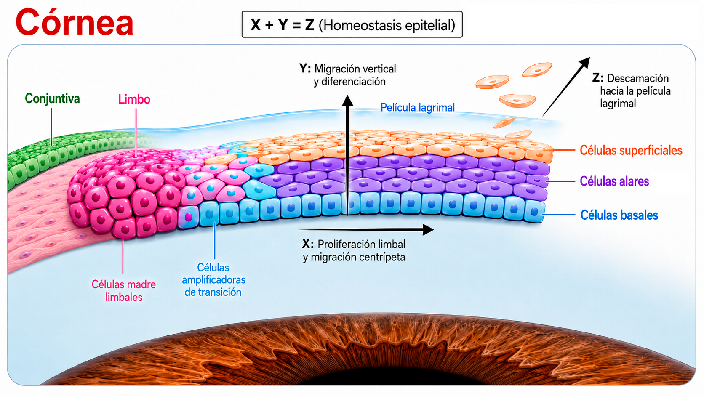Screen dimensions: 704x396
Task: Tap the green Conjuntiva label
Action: pos(52,98)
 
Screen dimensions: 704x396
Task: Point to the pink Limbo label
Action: pos(134,100)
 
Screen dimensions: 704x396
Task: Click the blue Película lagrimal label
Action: pos(417,108)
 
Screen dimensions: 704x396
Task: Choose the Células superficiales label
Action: pos(631,150)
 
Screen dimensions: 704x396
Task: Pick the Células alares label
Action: pos(614,181)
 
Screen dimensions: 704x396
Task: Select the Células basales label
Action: pos(619,215)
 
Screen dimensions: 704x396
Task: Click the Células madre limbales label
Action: pos(123,291)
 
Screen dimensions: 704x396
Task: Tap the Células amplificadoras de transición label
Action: pos(213,280)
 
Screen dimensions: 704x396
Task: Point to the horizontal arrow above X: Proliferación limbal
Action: pos(366,229)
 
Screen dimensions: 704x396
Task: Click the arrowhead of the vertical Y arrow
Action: pos(347,101)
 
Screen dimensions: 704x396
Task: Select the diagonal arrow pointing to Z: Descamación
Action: pos(566,87)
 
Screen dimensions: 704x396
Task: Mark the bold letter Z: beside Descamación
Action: pos(597,78)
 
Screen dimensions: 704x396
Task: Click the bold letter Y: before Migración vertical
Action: pos(305,69)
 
